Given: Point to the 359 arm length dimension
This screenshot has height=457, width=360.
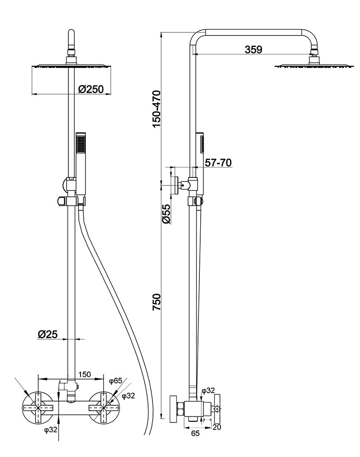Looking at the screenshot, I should (x=253, y=50).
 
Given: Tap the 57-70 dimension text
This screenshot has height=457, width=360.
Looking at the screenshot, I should (x=218, y=163).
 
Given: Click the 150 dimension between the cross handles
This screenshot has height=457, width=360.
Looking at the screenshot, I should (x=85, y=374).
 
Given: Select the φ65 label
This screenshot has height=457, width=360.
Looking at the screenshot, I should (x=116, y=381).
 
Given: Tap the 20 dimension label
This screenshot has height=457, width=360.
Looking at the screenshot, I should (x=216, y=427).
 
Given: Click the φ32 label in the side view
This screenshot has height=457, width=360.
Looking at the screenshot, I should (x=207, y=390).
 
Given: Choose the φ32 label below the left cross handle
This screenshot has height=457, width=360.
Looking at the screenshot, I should (x=51, y=430).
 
